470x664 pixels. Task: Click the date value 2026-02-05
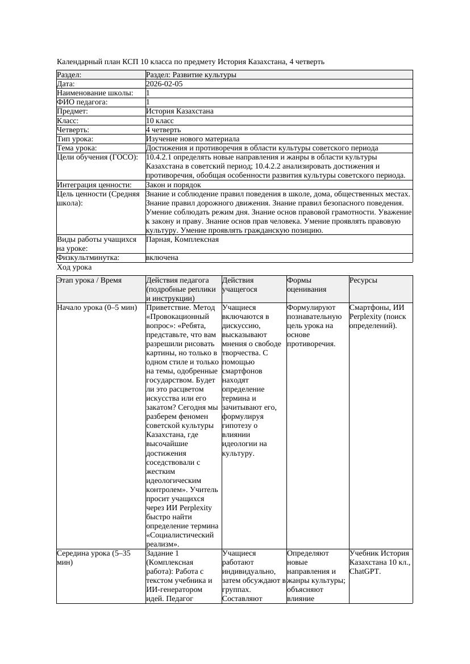click(164, 84)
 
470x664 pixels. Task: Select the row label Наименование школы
click(95, 93)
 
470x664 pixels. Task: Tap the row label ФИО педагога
click(82, 102)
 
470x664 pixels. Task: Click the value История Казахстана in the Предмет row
click(180, 111)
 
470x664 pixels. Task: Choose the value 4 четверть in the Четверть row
click(163, 130)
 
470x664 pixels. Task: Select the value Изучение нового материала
click(193, 139)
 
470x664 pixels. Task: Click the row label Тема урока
click(77, 148)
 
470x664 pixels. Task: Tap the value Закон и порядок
click(173, 185)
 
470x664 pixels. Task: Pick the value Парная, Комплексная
click(182, 239)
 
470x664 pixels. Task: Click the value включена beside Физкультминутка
click(162, 258)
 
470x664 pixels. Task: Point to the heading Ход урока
click(74, 267)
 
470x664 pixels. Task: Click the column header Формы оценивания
click(307, 284)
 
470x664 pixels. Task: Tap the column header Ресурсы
click(363, 280)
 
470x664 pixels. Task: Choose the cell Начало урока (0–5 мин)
click(97, 308)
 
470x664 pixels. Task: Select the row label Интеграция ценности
click(94, 185)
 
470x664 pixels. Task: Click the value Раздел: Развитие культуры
click(191, 75)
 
